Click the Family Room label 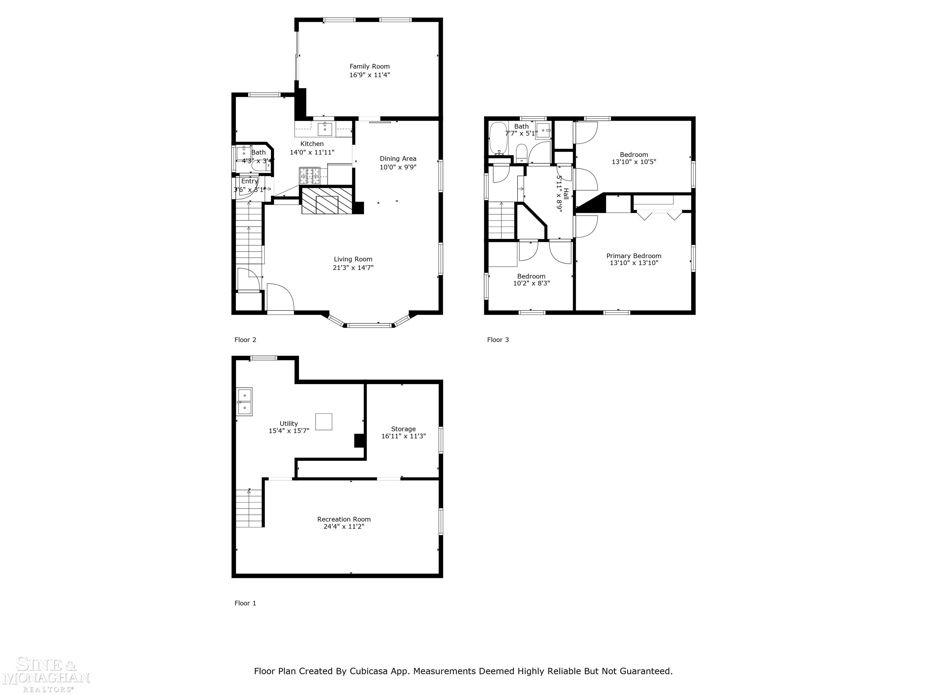point(369,66)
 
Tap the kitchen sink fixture point(325,129)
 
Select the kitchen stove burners point(309,176)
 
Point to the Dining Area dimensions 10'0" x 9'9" point(398,167)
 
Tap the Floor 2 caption point(245,340)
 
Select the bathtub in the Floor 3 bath point(498,138)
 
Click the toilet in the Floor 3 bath point(521,153)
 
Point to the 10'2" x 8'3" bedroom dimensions point(531,283)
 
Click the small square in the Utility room point(323,421)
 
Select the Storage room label point(403,429)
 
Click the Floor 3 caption point(498,340)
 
